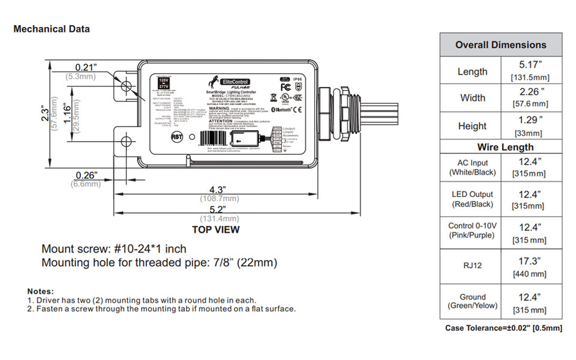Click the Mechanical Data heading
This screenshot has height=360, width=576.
pyautogui.click(x=52, y=29)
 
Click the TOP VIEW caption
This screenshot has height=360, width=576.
pyautogui.click(x=215, y=230)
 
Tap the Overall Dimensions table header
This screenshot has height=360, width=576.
pyautogui.click(x=500, y=45)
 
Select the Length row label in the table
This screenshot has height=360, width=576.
pyautogui.click(x=472, y=71)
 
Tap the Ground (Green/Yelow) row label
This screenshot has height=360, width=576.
pyautogui.click(x=473, y=301)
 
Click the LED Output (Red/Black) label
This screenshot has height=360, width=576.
pyautogui.click(x=472, y=199)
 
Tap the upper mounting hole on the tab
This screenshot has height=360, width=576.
pyautogui.click(x=127, y=86)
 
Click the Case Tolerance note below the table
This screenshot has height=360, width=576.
pyautogui.click(x=503, y=328)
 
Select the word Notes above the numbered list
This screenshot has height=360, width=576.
pyautogui.click(x=41, y=291)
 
